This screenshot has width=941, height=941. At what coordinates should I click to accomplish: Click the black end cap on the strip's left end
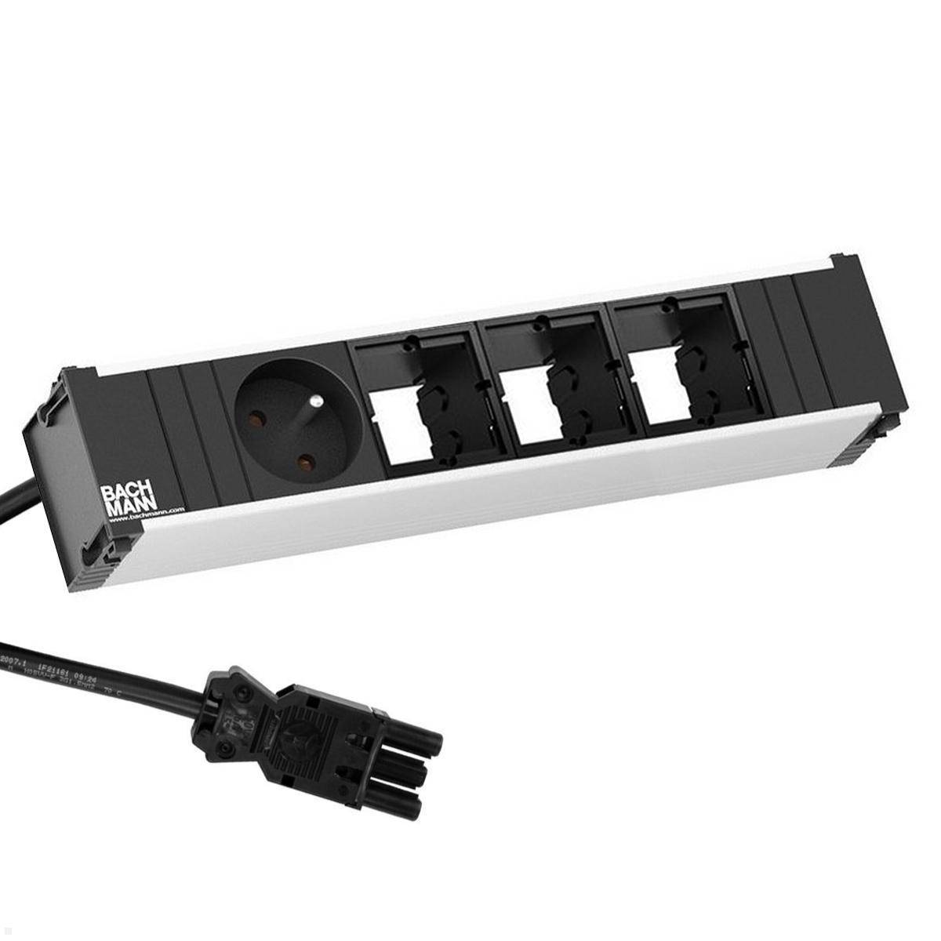click(59, 502)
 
